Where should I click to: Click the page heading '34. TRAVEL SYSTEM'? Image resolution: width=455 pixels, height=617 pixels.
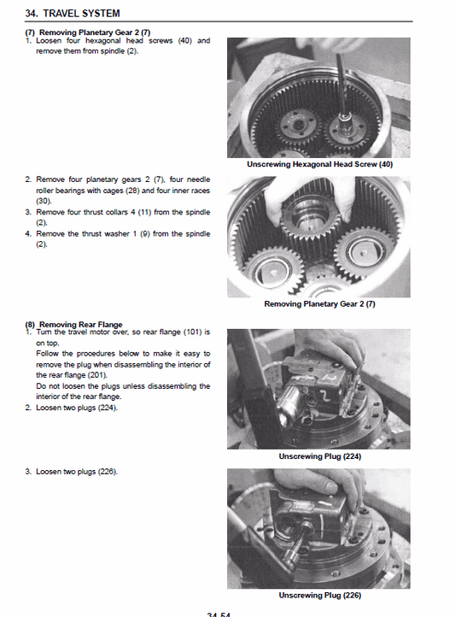coord(73,13)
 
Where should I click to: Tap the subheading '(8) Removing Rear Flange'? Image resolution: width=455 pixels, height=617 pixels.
coord(73,325)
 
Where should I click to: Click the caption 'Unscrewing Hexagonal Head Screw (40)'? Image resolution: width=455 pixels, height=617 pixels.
coord(319,164)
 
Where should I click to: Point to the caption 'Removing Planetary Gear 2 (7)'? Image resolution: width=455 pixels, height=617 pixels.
coord(319,304)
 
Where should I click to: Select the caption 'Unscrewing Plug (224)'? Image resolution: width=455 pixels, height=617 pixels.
coord(319,456)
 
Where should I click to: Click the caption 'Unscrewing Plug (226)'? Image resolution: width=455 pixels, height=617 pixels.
coord(319,595)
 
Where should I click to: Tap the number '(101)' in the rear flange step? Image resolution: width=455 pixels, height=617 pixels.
coord(190,332)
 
